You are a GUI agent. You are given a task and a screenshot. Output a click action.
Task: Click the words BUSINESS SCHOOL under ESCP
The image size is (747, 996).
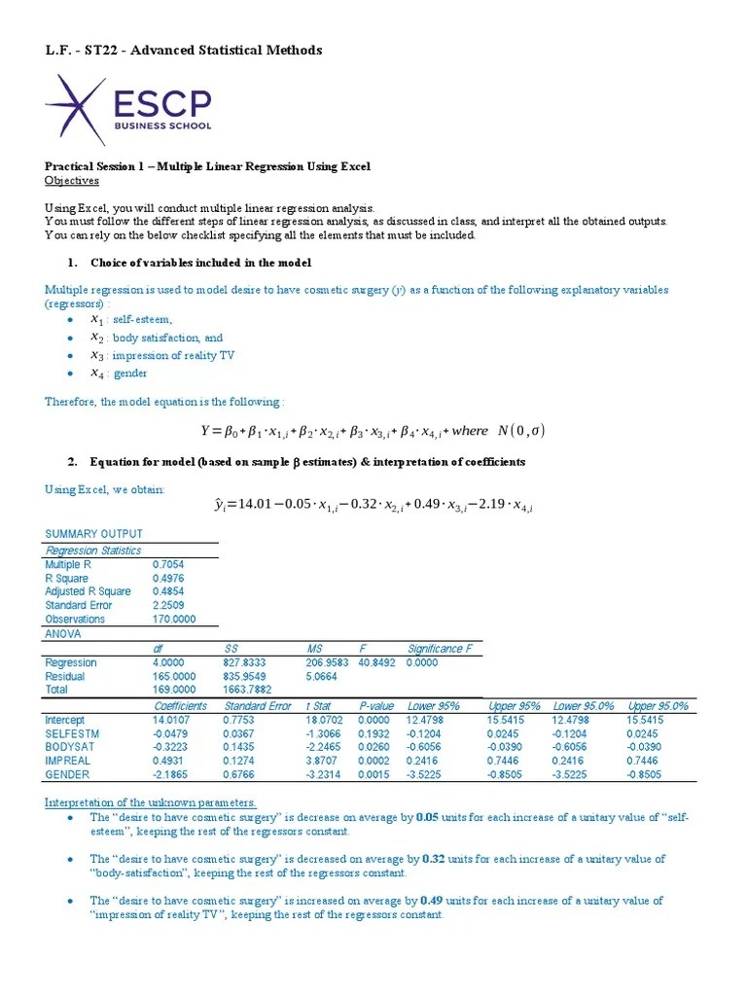[162, 125]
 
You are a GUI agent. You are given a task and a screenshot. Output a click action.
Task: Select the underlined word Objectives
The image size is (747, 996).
[72, 180]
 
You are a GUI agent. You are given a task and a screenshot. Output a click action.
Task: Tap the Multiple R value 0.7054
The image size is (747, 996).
[168, 563]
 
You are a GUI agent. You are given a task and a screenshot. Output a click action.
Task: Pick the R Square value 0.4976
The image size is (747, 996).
[168, 578]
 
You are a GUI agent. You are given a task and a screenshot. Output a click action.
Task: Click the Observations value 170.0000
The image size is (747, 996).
[174, 619]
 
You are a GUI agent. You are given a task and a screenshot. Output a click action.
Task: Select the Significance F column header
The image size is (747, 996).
[440, 649]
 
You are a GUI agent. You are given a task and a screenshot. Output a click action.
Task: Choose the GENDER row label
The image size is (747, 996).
[67, 774]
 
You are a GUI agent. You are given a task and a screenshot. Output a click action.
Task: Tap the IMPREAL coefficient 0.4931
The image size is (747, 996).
[169, 761]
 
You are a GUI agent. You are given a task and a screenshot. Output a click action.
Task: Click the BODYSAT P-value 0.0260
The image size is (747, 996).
[374, 747]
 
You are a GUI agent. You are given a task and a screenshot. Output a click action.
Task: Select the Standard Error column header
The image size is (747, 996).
[258, 706]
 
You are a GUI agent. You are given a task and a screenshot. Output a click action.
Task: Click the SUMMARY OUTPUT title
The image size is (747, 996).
[94, 534]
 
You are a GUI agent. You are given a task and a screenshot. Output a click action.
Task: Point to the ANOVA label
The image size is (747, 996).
[63, 633]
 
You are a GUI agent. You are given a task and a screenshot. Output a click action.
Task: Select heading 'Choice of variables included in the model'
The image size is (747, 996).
[201, 263]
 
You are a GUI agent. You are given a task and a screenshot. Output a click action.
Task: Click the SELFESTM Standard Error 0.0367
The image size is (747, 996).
[237, 733]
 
